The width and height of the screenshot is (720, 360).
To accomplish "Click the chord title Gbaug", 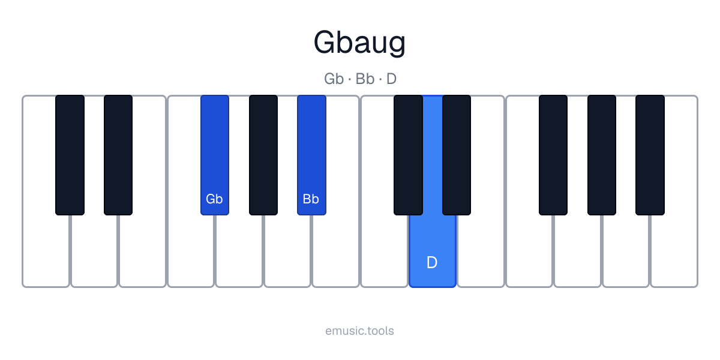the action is coord(359,43).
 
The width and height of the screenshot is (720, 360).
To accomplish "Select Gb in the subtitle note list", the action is coord(334,79).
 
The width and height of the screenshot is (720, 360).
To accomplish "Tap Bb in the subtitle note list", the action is coord(365,79).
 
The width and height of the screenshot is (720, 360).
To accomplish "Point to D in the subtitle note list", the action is coord(391,79).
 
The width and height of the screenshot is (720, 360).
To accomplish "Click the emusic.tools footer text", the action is coord(359,331).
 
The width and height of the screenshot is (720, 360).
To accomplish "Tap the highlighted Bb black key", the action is coord(311,155).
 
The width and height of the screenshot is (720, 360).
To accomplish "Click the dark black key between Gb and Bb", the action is coord(263,155).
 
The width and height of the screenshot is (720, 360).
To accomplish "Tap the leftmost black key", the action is coord(70,155).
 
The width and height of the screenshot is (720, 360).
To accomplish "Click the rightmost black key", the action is coord(650,155).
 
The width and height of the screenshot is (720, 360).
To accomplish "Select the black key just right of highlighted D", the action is coord(457,155).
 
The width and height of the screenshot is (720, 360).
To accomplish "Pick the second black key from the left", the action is coord(118,155).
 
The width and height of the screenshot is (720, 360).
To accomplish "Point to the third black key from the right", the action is coord(553,155).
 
